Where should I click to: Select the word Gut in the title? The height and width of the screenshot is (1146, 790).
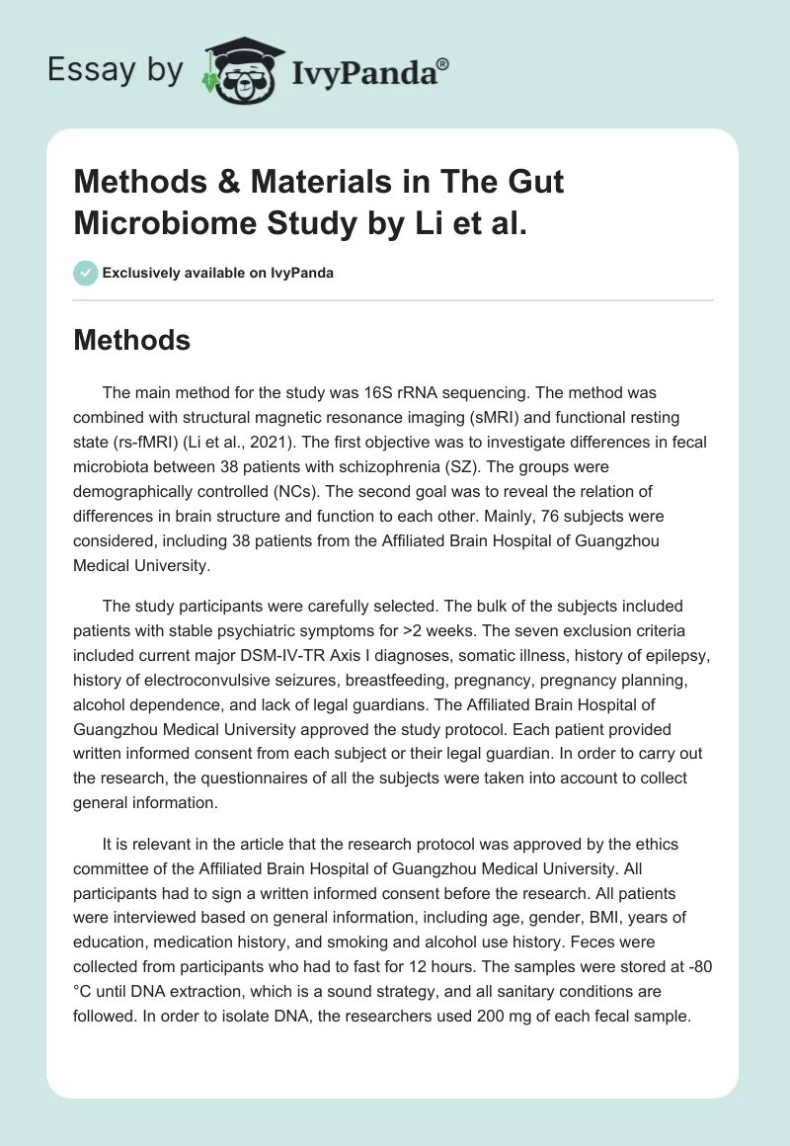click(x=535, y=183)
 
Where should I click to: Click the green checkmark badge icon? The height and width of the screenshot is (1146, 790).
click(x=86, y=273)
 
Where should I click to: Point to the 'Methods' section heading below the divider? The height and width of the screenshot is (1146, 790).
click(x=131, y=340)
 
